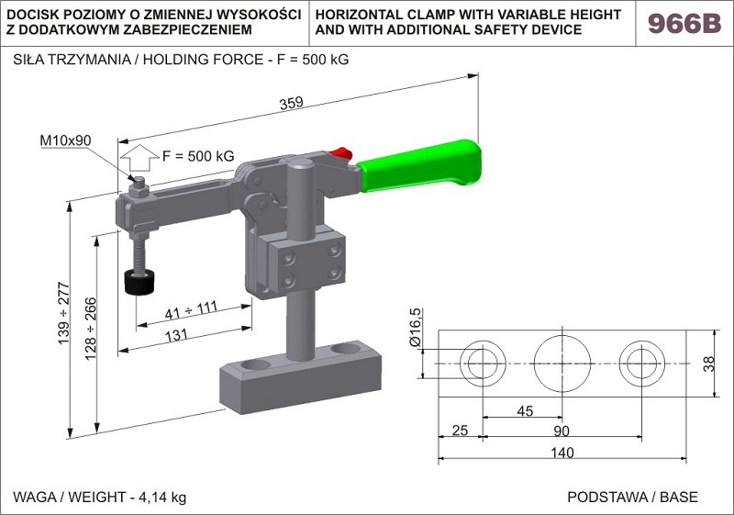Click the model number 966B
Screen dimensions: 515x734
(x=684, y=23)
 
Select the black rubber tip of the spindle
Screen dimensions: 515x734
(x=140, y=282)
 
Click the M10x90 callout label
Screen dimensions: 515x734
(x=65, y=141)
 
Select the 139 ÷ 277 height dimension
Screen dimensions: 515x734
(x=64, y=313)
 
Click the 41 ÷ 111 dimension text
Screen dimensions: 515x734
(x=190, y=310)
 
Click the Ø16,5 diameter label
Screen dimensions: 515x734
(x=415, y=328)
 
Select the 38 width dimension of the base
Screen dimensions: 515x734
(x=708, y=364)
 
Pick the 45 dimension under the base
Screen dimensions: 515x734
(x=524, y=410)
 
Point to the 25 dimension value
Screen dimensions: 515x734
(x=461, y=431)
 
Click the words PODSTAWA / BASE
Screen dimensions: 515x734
(x=632, y=498)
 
